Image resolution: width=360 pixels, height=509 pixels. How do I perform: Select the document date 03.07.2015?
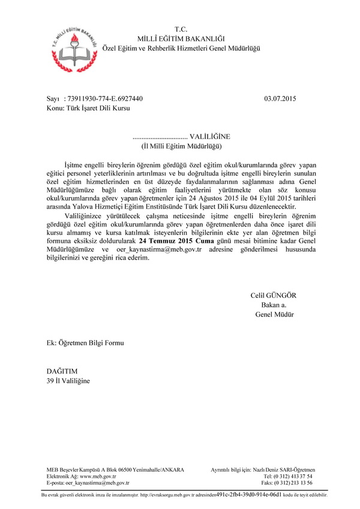[x=280, y=98]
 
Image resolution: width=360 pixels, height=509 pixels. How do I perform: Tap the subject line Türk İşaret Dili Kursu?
[x=98, y=109]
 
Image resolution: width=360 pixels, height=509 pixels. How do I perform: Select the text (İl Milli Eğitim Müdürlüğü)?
[x=181, y=146]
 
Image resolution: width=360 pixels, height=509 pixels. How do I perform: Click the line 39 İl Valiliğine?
[x=68, y=381]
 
